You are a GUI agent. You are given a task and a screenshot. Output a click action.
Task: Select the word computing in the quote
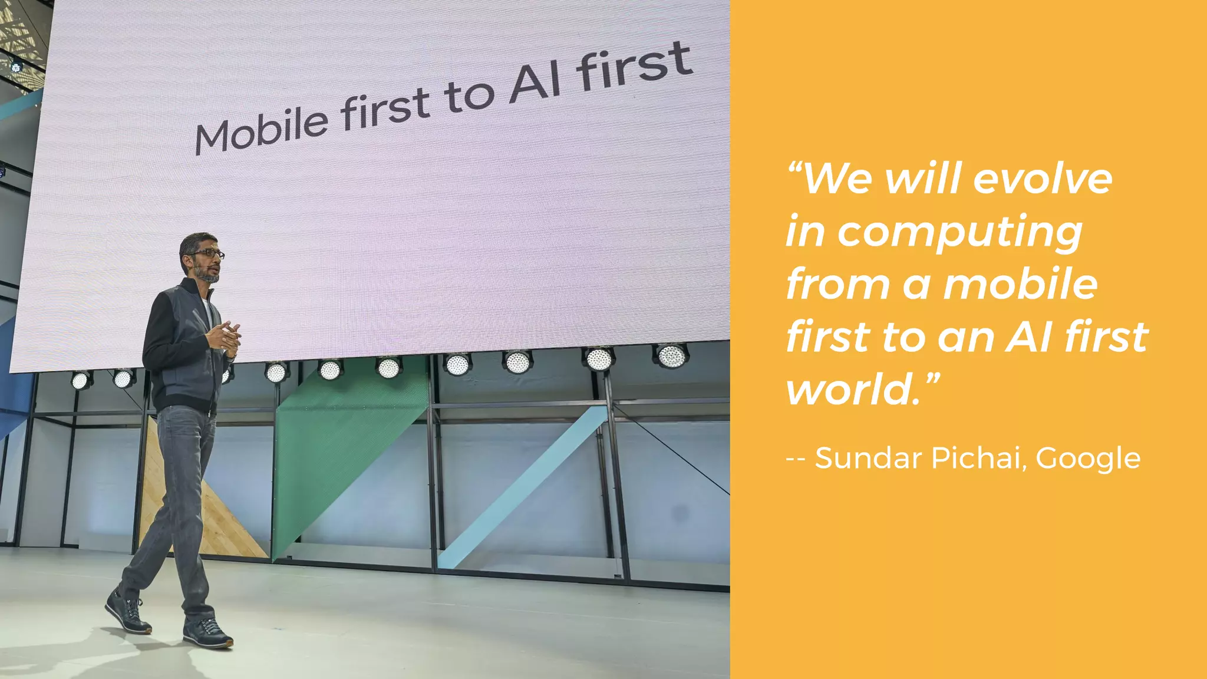pyautogui.click(x=960, y=233)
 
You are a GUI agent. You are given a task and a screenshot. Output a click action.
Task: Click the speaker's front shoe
pyautogui.click(x=207, y=634)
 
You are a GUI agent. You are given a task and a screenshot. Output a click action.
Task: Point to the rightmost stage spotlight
pyautogui.click(x=671, y=355)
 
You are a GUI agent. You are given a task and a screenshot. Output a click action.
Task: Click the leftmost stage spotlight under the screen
pyautogui.click(x=80, y=380)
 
